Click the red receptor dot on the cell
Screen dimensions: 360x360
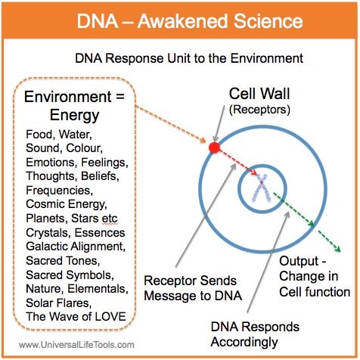tap(214, 147)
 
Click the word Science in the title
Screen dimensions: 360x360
tap(268, 21)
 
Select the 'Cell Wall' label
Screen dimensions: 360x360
tap(259, 94)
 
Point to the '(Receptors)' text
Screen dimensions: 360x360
tap(259, 110)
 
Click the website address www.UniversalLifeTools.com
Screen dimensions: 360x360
tap(76, 345)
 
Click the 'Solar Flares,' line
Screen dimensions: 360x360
tap(58, 303)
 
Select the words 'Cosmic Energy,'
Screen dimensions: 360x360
tap(67, 204)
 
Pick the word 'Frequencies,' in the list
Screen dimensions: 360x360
tap(60, 190)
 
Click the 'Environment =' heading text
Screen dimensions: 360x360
tap(74, 97)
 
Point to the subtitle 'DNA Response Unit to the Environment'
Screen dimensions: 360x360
tap(189, 58)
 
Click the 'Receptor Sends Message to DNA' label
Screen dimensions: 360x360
tap(193, 288)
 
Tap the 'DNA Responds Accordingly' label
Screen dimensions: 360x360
tap(255, 334)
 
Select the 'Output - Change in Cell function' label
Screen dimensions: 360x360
tap(315, 277)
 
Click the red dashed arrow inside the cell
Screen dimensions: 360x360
tap(238, 162)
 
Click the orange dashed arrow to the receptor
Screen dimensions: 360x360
tap(171, 124)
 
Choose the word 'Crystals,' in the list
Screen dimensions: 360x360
tap(48, 233)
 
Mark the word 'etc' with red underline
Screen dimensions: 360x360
tap(110, 219)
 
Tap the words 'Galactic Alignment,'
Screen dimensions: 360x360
tap(76, 247)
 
